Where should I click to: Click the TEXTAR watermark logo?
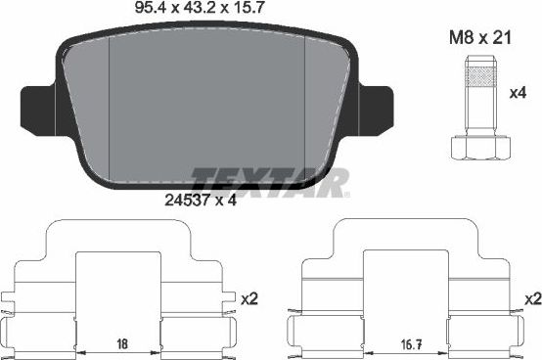(269, 181)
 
